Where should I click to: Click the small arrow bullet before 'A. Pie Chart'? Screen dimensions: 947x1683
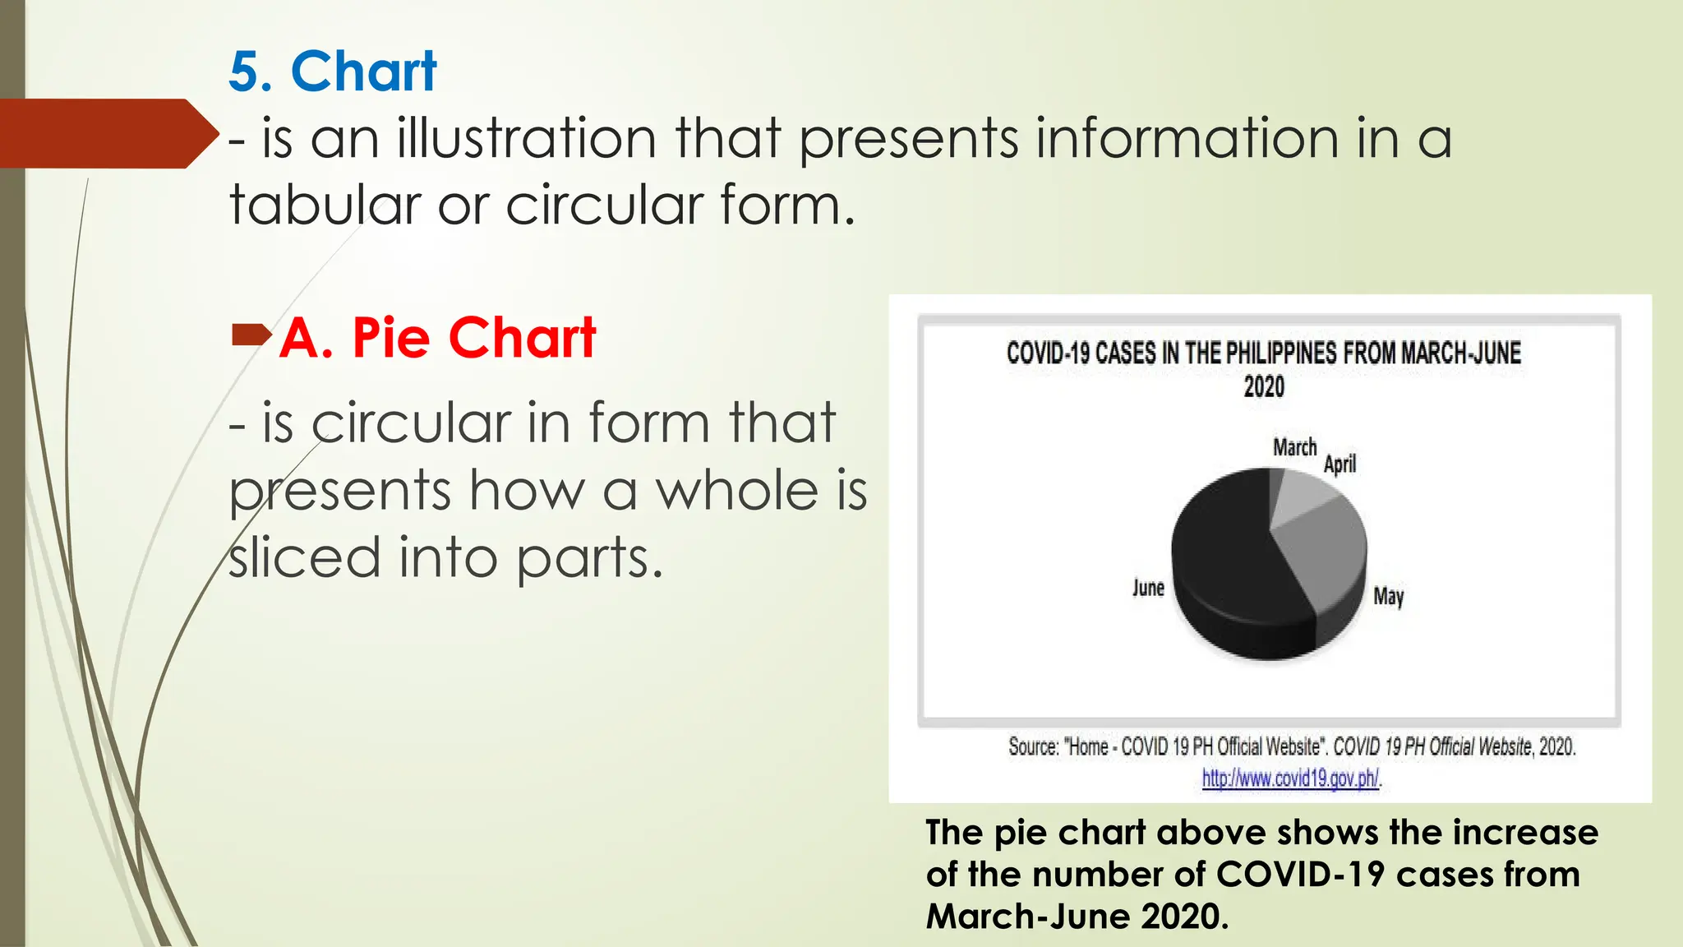251,335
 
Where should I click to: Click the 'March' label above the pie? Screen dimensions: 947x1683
1294,447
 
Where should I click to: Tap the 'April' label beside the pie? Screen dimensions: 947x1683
1339,464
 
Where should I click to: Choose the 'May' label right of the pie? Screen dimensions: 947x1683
1388,596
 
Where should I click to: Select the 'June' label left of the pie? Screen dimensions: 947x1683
1148,588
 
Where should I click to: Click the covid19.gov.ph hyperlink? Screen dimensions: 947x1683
1291,778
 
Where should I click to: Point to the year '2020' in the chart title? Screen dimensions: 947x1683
1264,386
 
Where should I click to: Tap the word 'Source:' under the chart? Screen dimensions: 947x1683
1033,746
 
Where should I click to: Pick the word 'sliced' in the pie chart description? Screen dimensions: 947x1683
304,557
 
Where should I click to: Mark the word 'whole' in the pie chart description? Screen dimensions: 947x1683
736,491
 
